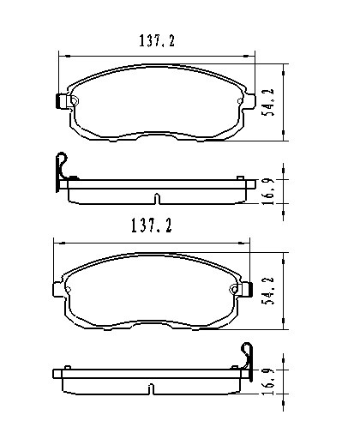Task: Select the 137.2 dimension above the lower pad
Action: pyautogui.click(x=152, y=226)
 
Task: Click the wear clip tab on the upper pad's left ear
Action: pyautogui.click(x=60, y=101)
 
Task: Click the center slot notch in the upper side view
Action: pyautogui.click(x=156, y=201)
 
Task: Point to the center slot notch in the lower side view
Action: pyautogui.click(x=153, y=392)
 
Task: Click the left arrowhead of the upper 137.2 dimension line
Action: pyautogui.click(x=61, y=55)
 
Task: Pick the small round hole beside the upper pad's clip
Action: pyautogui.click(x=74, y=101)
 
